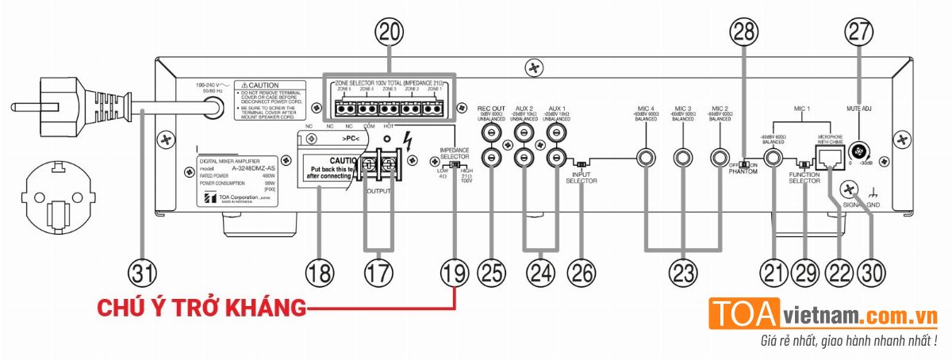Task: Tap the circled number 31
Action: [143, 274]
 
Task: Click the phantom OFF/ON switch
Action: [745, 163]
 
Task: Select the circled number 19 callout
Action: [455, 274]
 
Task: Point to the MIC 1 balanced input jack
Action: [771, 157]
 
